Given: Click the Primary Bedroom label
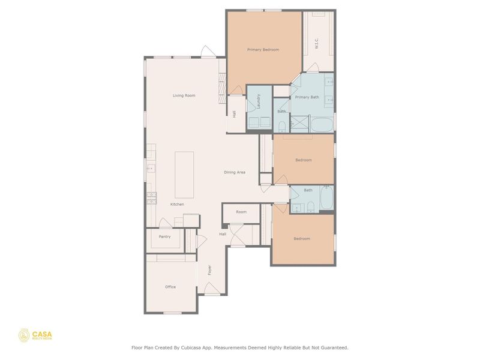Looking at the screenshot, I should [x=263, y=50].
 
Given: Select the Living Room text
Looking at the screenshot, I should [x=184, y=95].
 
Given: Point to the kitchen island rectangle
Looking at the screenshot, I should [x=184, y=175].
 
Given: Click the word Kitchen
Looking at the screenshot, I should [x=177, y=205].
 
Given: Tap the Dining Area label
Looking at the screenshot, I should [x=235, y=173].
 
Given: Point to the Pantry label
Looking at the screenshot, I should [x=164, y=236].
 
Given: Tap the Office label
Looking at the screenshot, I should [x=170, y=287].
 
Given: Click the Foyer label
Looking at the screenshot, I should [x=209, y=270].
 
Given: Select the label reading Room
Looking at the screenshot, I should [x=241, y=212].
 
